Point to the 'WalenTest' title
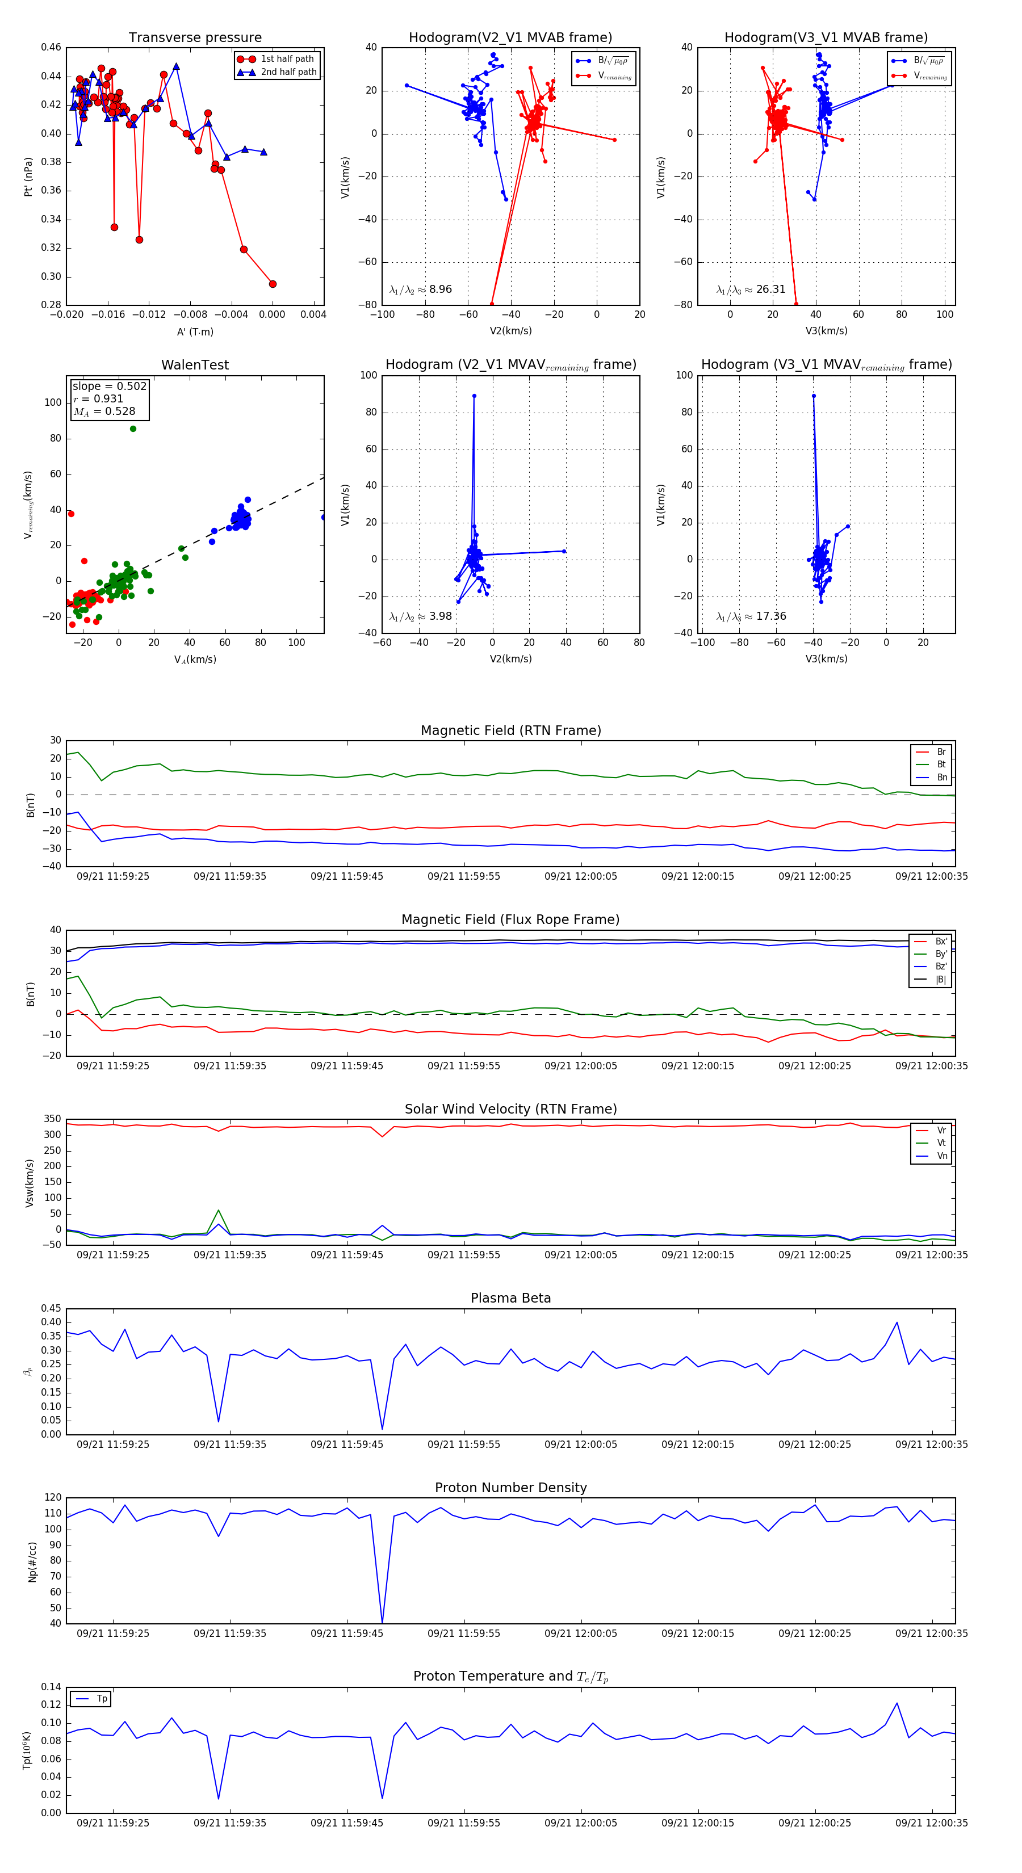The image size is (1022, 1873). click(x=195, y=365)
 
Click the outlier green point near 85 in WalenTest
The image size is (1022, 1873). click(x=133, y=429)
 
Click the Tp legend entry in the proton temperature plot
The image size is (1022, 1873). click(x=101, y=1699)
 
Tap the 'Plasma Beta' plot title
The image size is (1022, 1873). click(x=510, y=1298)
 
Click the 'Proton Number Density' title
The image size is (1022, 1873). click(x=510, y=1488)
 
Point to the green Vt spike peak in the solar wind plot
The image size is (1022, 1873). click(x=219, y=1211)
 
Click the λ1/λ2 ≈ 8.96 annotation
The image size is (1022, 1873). click(x=420, y=289)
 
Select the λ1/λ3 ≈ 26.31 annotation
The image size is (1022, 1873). click(x=751, y=289)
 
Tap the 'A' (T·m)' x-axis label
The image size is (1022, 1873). click(x=195, y=331)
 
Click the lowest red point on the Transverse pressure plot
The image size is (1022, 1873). click(x=273, y=284)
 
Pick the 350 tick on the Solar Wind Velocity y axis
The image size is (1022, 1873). click(x=52, y=1119)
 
